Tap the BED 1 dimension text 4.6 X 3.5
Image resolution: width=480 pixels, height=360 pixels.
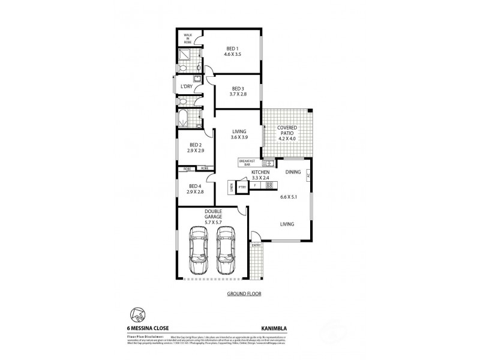[x=232, y=54]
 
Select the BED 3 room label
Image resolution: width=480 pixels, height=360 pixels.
[x=238, y=88]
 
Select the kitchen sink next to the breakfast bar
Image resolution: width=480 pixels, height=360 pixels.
[x=270, y=163]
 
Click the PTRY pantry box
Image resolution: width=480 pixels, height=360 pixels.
[x=242, y=187]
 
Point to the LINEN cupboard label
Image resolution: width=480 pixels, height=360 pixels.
[x=231, y=188]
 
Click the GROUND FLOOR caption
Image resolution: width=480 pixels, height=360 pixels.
[x=243, y=294]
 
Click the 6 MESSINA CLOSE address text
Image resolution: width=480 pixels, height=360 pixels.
[x=148, y=328]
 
